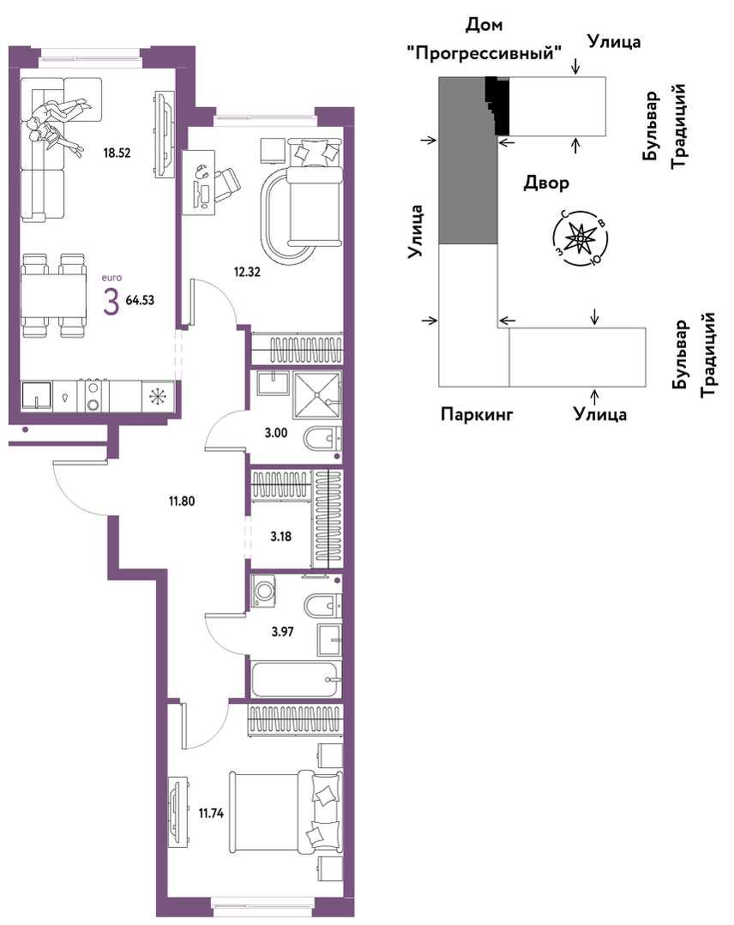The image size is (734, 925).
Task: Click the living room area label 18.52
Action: [x=117, y=153]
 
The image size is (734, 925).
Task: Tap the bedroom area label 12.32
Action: [x=247, y=272]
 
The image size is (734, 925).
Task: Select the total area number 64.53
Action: [x=140, y=300]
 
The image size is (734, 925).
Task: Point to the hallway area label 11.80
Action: [x=182, y=502]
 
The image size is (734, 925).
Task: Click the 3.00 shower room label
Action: [x=275, y=433]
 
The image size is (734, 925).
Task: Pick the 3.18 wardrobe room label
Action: [x=281, y=537]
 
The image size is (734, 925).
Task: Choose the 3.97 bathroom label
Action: [x=282, y=632]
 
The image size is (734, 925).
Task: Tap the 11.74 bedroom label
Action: [x=211, y=814]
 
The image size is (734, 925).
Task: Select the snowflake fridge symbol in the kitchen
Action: [x=158, y=396]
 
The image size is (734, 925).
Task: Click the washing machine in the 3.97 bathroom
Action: [x=263, y=591]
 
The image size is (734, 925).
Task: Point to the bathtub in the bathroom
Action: [x=296, y=679]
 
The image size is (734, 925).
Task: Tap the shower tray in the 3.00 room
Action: [x=317, y=395]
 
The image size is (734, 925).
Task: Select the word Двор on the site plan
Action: [x=546, y=183]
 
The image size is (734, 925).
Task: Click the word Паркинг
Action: [x=477, y=415]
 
